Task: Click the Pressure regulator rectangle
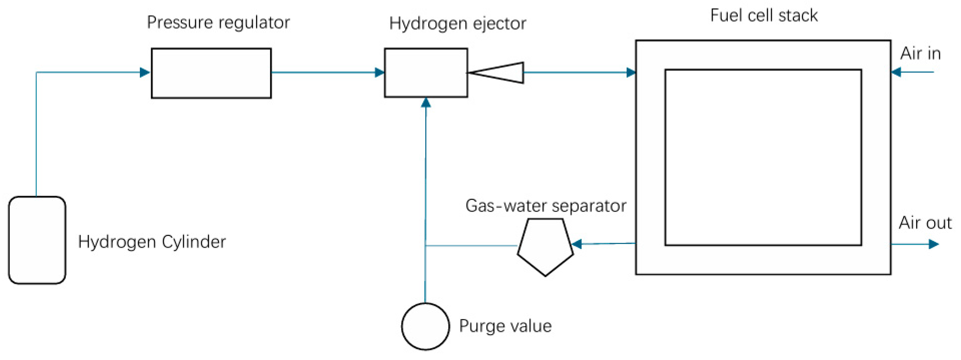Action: pyautogui.click(x=211, y=73)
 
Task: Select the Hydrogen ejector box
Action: pyautogui.click(x=426, y=73)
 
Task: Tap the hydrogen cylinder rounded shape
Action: pyautogui.click(x=37, y=240)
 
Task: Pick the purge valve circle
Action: pyautogui.click(x=425, y=326)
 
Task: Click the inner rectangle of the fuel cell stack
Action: pyautogui.click(x=763, y=157)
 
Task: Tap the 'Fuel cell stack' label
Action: pyautogui.click(x=764, y=16)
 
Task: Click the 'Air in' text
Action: pyautogui.click(x=920, y=54)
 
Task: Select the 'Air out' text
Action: pyautogui.click(x=925, y=223)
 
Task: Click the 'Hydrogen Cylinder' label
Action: pyautogui.click(x=152, y=242)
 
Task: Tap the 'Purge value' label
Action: pyautogui.click(x=505, y=326)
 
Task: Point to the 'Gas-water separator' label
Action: pyautogui.click(x=546, y=205)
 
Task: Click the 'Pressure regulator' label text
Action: pyautogui.click(x=218, y=22)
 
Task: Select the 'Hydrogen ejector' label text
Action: pyautogui.click(x=457, y=24)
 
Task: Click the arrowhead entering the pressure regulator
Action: pyautogui.click(x=145, y=72)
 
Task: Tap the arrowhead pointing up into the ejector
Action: pyautogui.click(x=426, y=103)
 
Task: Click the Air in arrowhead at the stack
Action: pyautogui.click(x=896, y=72)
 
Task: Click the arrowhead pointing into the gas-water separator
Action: pyautogui.click(x=577, y=244)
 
